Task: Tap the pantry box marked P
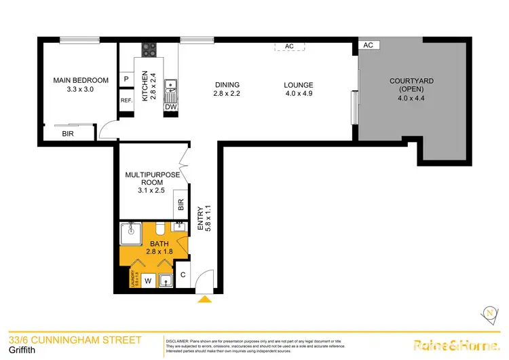(126, 79)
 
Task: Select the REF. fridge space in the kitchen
(126, 101)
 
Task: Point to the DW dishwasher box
(170, 107)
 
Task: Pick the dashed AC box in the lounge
(289, 46)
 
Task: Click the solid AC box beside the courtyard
(369, 45)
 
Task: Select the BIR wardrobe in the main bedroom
(69, 134)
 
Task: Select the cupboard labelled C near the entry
(184, 274)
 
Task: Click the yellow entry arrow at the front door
(204, 298)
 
